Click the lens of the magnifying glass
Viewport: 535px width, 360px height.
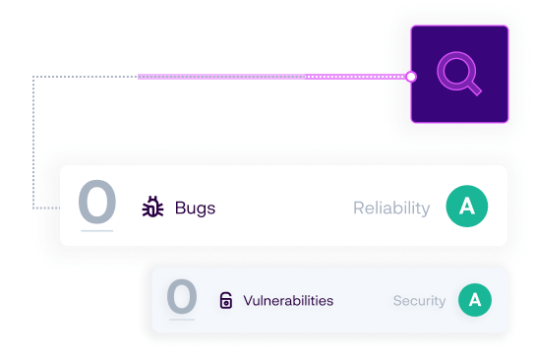[x=455, y=71]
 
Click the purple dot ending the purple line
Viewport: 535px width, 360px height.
[x=412, y=76]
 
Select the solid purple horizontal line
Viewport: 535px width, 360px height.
[x=275, y=76]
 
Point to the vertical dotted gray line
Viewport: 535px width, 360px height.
[x=34, y=143]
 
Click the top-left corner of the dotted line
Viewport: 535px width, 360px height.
[x=34, y=76]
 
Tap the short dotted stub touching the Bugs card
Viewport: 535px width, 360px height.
[x=46, y=209]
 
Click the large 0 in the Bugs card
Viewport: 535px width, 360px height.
[x=97, y=203]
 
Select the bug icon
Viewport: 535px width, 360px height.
[x=152, y=208]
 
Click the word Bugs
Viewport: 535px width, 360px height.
[x=195, y=208]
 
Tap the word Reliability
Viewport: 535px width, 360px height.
[x=391, y=208]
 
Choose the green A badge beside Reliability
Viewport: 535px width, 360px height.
[x=467, y=207]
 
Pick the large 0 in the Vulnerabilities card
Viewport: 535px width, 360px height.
[x=182, y=297]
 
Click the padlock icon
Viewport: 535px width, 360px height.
[x=225, y=301]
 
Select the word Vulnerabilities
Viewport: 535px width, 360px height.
[x=288, y=301]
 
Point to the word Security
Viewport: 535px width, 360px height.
[x=420, y=301]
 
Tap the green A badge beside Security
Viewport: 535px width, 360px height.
[x=475, y=300]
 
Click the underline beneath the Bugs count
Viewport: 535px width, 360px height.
[x=97, y=231]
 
